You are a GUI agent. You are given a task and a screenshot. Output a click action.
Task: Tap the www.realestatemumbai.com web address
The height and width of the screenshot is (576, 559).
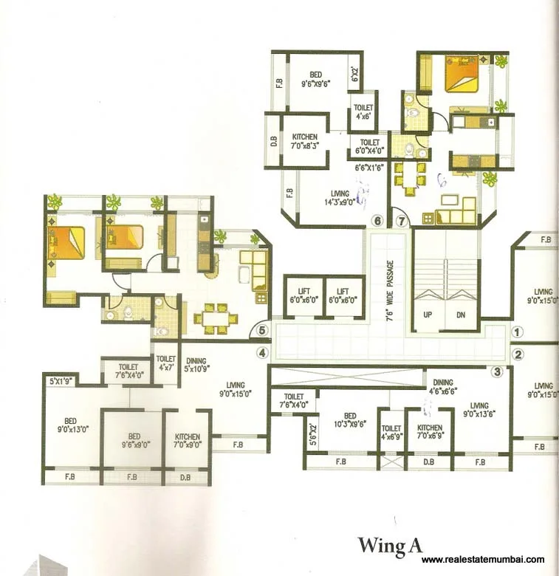[483, 560]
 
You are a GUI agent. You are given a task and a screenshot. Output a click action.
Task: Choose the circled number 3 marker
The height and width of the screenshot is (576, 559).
[498, 371]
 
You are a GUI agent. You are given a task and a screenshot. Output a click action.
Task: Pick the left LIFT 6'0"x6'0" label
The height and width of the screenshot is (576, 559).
[303, 294]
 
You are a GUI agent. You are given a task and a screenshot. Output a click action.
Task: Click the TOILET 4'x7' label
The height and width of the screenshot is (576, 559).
[165, 363]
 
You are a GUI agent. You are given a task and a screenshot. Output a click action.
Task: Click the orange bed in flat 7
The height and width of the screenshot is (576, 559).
[462, 76]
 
